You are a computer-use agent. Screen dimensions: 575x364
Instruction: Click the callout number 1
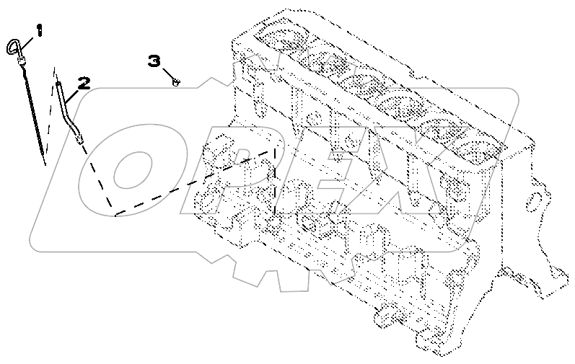39,30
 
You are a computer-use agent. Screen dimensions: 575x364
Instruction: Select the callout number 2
84,84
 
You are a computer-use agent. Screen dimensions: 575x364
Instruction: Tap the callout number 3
154,61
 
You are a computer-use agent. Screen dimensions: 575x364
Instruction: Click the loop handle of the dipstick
12,47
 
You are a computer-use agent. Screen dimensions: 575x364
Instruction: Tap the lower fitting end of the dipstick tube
80,140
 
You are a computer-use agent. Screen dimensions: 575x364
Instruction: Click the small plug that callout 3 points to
175,82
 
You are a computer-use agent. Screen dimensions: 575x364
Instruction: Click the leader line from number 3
167,74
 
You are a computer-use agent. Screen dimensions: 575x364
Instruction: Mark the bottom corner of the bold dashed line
115,216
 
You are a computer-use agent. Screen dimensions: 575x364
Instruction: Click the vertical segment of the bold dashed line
275,182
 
